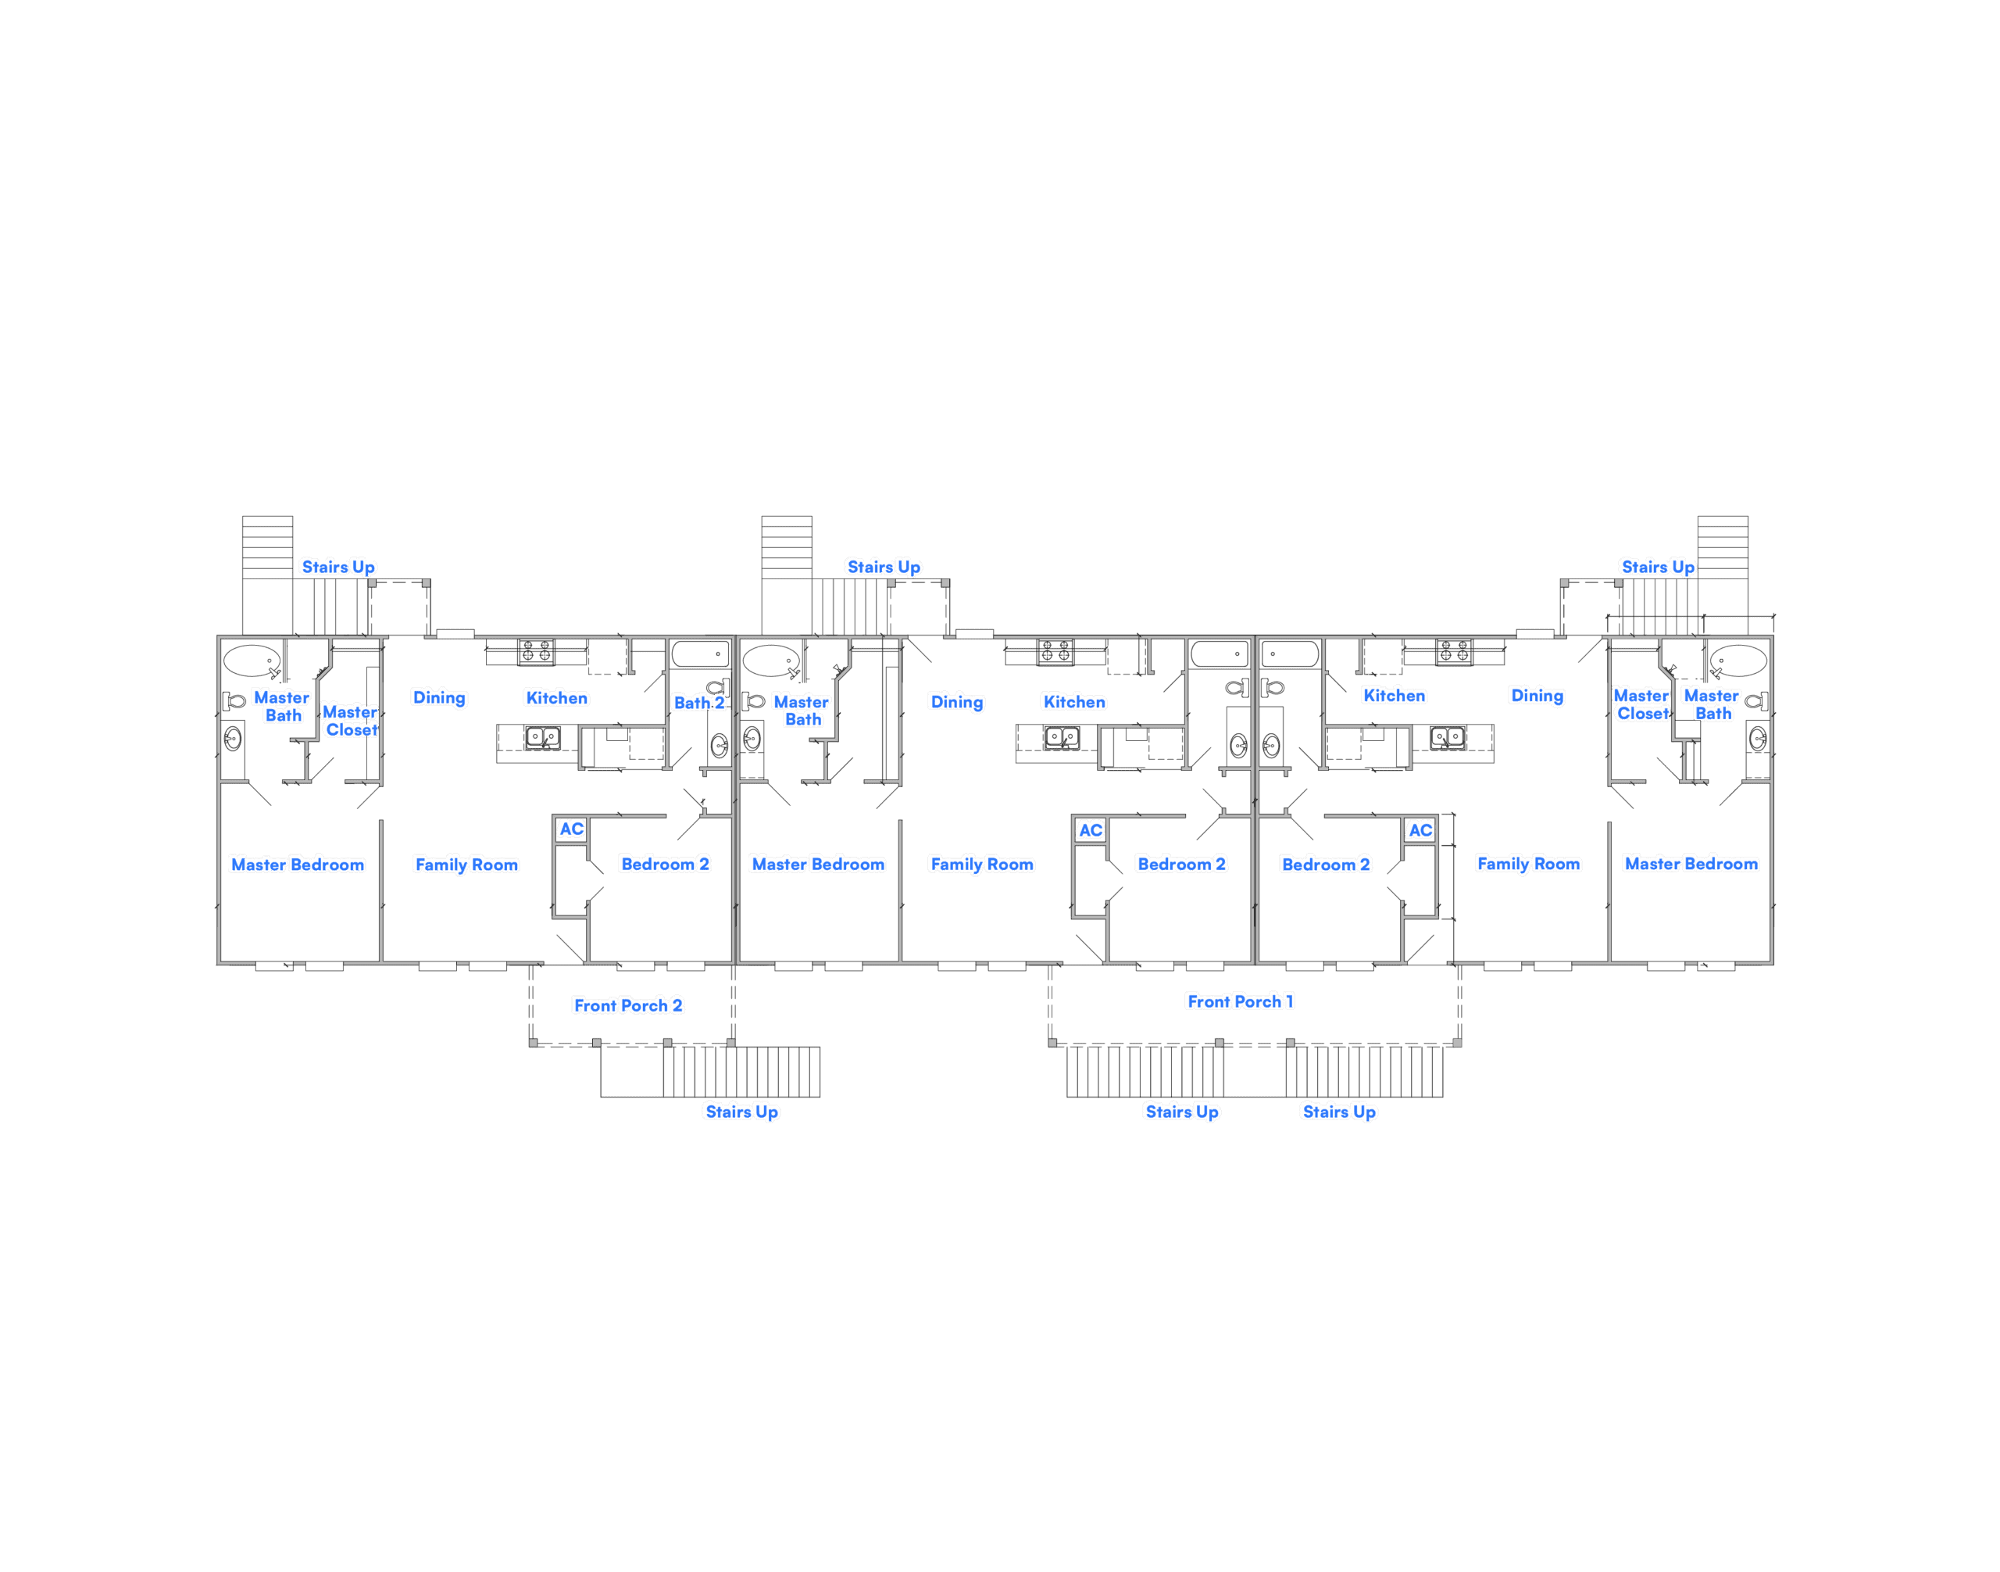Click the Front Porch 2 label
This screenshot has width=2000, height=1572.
tap(627, 1005)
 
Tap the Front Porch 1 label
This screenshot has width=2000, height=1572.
tap(1239, 1001)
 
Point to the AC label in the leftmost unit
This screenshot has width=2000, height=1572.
tap(571, 829)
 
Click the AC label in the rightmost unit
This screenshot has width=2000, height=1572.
tap(1420, 830)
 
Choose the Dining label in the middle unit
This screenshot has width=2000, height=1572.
tap(957, 702)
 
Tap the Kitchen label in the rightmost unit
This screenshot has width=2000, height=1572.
tap(1394, 696)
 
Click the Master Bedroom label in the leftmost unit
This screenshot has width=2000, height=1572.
tap(297, 865)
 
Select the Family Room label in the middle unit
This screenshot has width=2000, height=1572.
tap(980, 865)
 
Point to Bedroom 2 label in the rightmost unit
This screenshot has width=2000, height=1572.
tap(1326, 865)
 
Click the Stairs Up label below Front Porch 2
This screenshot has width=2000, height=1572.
tap(741, 1112)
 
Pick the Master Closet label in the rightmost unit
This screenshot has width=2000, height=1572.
tap(1641, 705)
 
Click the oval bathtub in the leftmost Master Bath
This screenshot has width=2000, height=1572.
tap(251, 661)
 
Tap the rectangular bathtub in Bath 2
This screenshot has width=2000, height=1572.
tap(700, 654)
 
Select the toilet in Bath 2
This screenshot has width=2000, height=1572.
tap(717, 686)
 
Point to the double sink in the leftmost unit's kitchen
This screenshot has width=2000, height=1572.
tap(541, 738)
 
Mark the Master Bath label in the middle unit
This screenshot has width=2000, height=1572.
tap(802, 711)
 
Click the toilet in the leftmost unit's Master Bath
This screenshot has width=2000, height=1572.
tap(234, 701)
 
